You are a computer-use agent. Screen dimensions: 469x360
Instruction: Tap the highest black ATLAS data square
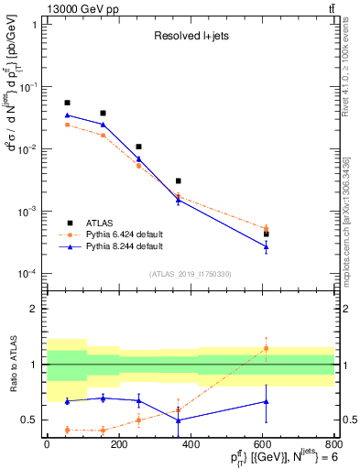pyautogui.click(x=67, y=103)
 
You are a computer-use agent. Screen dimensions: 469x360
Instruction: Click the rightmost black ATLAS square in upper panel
pyautogui.click(x=267, y=234)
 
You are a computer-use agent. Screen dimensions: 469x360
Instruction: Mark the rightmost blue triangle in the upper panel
pyautogui.click(x=267, y=246)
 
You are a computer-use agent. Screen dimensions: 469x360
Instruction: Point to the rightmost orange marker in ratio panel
pyautogui.click(x=267, y=348)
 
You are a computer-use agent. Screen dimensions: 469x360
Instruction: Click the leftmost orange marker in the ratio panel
pyautogui.click(x=67, y=430)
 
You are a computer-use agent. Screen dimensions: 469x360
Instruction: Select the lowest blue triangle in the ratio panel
pyautogui.click(x=179, y=420)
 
